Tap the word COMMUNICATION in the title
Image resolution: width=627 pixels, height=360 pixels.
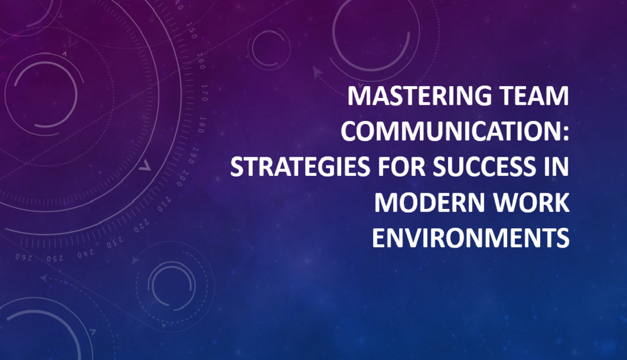tap(452, 132)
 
